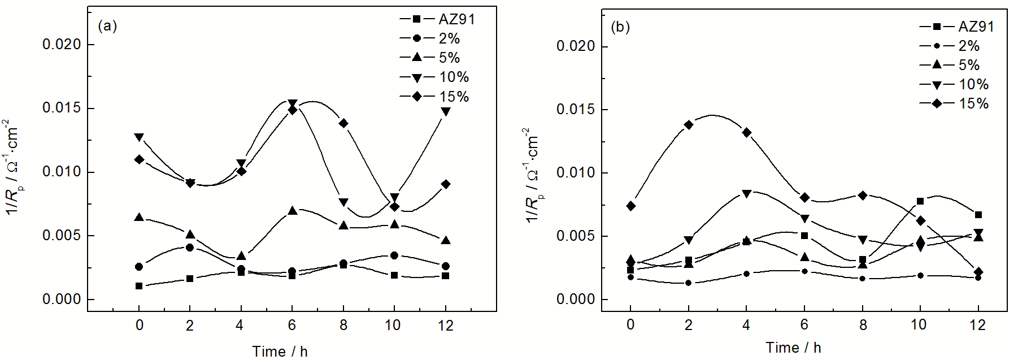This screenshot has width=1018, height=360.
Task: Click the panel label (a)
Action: pyautogui.click(x=107, y=26)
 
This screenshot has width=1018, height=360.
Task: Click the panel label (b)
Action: pyautogui.click(x=621, y=28)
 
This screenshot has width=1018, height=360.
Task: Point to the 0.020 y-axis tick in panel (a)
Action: pyautogui.click(x=61, y=45)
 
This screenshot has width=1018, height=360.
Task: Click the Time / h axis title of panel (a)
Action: pyautogui.click(x=280, y=351)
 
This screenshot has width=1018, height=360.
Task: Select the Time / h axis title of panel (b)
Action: pyautogui.click(x=793, y=348)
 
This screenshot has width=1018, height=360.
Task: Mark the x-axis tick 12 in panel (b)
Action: pyautogui.click(x=978, y=325)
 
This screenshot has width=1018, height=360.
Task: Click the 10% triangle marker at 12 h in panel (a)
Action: pyautogui.click(x=445, y=111)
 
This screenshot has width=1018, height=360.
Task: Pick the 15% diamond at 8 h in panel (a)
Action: pyautogui.click(x=343, y=123)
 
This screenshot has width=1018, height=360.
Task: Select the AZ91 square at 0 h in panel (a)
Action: pyautogui.click(x=139, y=286)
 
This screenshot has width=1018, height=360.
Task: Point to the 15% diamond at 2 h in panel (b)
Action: pyautogui.click(x=689, y=124)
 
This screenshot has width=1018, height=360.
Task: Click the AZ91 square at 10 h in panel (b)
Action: pyautogui.click(x=920, y=201)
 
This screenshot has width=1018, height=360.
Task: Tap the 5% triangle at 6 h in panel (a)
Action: pyautogui.click(x=292, y=210)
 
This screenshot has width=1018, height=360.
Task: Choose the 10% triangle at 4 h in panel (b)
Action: pyautogui.click(x=746, y=194)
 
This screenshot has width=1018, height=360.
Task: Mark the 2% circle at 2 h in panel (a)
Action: pyautogui.click(x=190, y=248)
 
